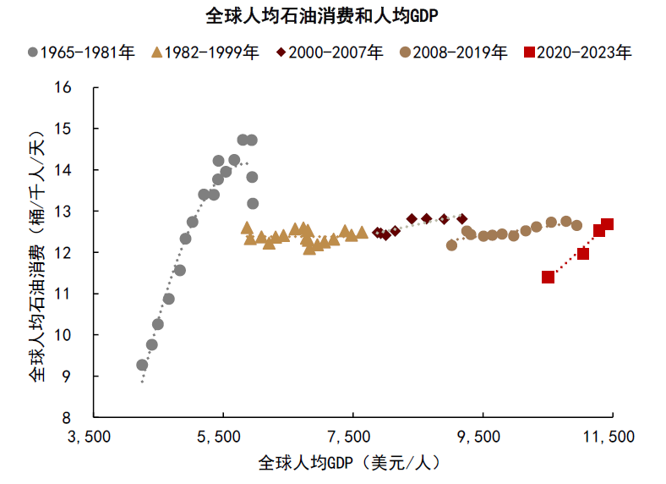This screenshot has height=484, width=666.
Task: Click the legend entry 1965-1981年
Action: click(81, 52)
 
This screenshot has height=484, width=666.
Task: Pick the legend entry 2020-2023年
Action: click(577, 52)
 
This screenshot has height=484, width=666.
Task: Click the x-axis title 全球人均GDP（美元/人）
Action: click(350, 464)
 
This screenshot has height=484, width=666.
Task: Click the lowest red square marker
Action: click(548, 277)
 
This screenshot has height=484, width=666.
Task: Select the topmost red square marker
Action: click(607, 224)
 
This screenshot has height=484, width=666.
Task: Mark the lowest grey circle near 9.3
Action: click(142, 365)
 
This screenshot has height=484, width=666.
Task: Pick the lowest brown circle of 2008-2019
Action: click(451, 245)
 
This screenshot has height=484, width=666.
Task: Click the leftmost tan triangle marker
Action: click(246, 228)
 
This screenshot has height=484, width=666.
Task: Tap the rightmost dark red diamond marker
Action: click(461, 218)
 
